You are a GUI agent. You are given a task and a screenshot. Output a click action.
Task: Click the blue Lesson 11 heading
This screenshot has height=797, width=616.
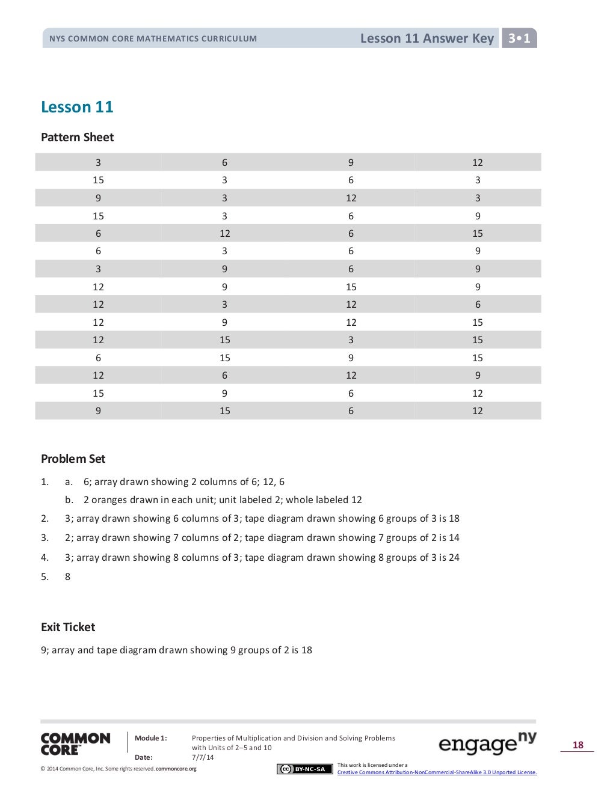77,107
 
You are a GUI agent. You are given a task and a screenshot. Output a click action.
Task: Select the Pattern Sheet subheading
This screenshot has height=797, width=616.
77,137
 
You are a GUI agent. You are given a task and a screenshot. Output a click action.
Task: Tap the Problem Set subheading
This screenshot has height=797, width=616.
73,459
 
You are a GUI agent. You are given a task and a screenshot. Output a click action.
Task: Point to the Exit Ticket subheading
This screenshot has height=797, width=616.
68,627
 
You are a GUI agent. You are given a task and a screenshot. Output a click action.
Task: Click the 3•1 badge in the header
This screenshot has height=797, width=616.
519,38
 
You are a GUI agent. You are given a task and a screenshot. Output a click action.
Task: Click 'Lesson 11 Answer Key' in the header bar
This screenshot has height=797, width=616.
427,38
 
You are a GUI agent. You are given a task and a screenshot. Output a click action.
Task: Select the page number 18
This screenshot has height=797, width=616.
577,745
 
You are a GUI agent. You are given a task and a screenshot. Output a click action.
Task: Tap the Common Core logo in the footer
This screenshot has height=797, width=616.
75,744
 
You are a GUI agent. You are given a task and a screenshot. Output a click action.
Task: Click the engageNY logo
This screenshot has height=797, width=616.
487,744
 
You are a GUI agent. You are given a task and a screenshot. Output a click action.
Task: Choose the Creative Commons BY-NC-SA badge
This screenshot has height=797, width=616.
304,769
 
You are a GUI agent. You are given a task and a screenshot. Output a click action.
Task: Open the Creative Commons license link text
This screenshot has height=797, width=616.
437,772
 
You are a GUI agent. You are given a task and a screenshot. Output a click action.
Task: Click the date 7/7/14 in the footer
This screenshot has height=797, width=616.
203,757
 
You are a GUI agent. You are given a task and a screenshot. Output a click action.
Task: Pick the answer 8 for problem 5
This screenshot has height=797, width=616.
67,577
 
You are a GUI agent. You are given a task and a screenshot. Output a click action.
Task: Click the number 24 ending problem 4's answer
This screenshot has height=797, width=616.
454,558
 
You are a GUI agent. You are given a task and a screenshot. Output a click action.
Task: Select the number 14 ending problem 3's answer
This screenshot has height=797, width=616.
454,538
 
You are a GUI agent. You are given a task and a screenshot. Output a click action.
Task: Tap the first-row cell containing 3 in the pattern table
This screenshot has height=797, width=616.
98,162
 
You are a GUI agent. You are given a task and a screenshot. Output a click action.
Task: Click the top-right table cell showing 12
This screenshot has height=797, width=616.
478,162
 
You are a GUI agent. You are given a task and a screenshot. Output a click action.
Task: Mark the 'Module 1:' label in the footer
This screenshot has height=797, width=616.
150,738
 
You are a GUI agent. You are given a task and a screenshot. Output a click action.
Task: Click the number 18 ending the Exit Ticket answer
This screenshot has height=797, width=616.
306,650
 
